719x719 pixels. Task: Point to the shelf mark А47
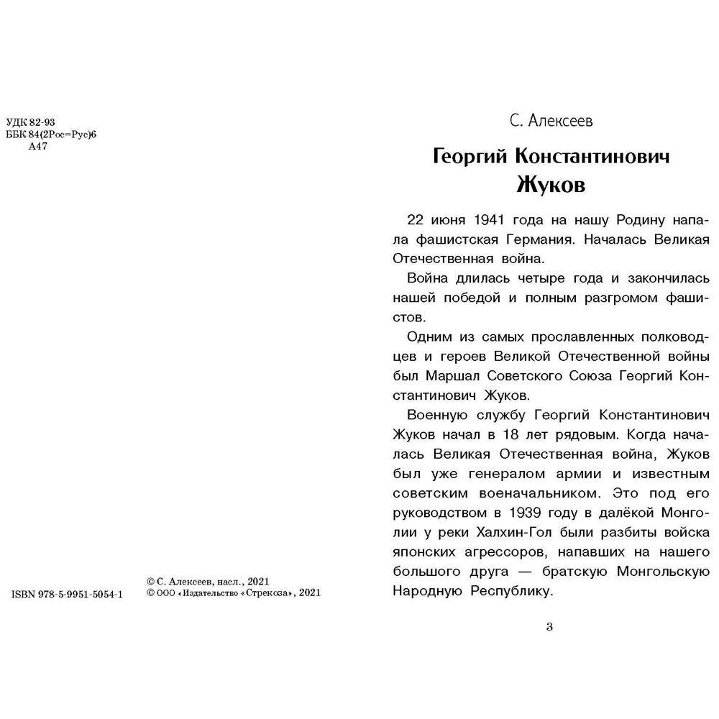click(x=37, y=147)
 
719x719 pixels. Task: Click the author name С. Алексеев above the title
click(x=551, y=122)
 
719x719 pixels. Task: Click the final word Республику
click(x=512, y=592)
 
